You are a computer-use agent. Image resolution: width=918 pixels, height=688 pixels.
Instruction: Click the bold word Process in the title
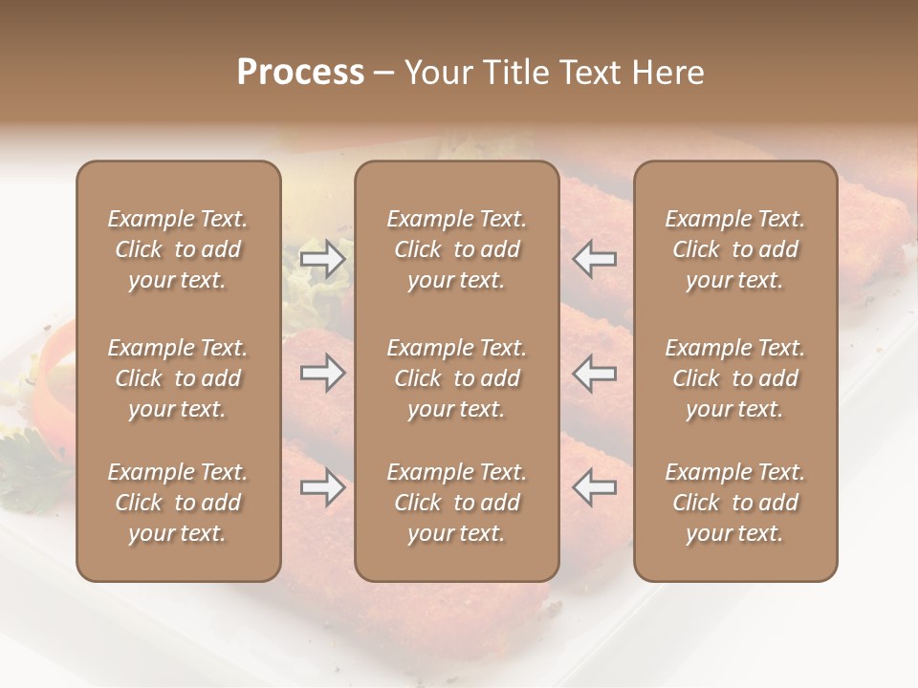point(300,73)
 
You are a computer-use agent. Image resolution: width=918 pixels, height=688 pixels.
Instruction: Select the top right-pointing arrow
point(322,259)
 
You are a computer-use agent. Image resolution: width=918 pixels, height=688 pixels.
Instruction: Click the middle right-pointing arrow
point(322,373)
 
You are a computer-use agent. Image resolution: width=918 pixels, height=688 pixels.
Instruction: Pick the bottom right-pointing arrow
point(322,488)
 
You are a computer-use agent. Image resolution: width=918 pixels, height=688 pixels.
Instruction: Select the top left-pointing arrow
point(595,259)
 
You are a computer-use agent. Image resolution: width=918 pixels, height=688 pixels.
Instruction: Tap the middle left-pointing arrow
point(595,373)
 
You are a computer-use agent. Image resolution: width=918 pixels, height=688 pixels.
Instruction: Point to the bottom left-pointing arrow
point(595,487)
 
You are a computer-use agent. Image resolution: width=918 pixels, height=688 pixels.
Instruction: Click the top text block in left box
point(178,249)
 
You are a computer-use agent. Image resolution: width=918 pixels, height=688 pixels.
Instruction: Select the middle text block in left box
point(178,378)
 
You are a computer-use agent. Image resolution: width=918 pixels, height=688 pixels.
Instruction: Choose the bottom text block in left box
point(178,503)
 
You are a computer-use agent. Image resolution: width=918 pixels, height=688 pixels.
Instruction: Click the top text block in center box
point(456,249)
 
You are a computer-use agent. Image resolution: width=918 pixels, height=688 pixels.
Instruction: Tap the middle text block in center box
point(456,378)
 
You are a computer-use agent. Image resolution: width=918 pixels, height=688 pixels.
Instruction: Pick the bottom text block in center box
point(456,503)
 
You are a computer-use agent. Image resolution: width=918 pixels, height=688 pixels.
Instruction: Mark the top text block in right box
point(734,249)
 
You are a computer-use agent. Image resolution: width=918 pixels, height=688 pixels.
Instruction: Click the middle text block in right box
point(734,378)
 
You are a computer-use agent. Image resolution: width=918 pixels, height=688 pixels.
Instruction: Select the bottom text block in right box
point(734,503)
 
